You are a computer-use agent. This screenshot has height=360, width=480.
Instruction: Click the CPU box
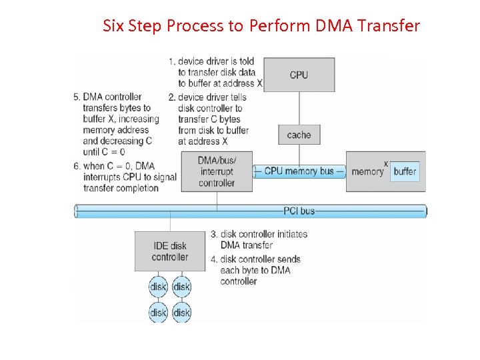[299, 75]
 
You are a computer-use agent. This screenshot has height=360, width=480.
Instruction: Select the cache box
[299, 135]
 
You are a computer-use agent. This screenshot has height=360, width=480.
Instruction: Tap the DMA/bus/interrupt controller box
[217, 171]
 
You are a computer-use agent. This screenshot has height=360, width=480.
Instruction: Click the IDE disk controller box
[170, 251]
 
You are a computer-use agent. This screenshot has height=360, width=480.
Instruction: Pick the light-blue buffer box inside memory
[405, 171]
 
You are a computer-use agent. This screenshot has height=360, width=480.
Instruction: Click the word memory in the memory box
[367, 172]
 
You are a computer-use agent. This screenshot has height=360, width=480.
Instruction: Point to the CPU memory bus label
[299, 171]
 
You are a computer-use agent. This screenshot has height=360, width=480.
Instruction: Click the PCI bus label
[299, 211]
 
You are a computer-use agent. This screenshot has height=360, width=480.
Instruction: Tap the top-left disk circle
[158, 287]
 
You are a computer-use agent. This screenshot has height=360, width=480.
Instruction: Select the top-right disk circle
[182, 287]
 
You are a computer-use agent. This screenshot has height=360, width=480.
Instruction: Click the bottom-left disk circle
[158, 313]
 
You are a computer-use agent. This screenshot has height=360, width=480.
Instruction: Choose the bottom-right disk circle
[182, 313]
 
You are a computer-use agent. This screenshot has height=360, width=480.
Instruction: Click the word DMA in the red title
[334, 25]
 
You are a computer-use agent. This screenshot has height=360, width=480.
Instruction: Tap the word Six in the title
[113, 25]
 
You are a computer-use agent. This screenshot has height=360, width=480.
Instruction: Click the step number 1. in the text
[172, 61]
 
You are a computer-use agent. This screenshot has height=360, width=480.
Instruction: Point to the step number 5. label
[77, 97]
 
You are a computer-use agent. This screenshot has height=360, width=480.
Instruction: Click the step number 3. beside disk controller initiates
[214, 234]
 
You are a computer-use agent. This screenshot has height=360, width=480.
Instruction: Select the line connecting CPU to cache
[299, 109]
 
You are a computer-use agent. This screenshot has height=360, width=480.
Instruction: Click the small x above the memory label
[386, 164]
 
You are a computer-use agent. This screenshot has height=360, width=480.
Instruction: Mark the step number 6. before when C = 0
[77, 166]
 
